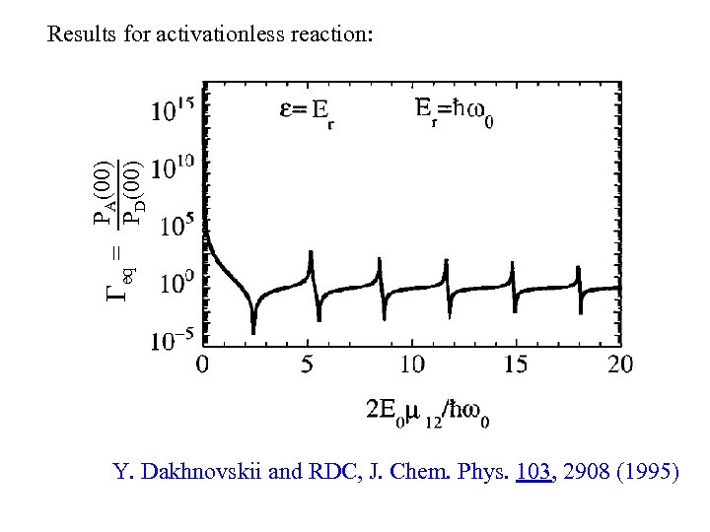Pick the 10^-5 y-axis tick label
(171, 342)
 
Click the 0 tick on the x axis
(203, 366)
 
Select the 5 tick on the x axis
(307, 366)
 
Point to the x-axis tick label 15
(516, 366)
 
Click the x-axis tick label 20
(619, 366)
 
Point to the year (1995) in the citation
(644, 473)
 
